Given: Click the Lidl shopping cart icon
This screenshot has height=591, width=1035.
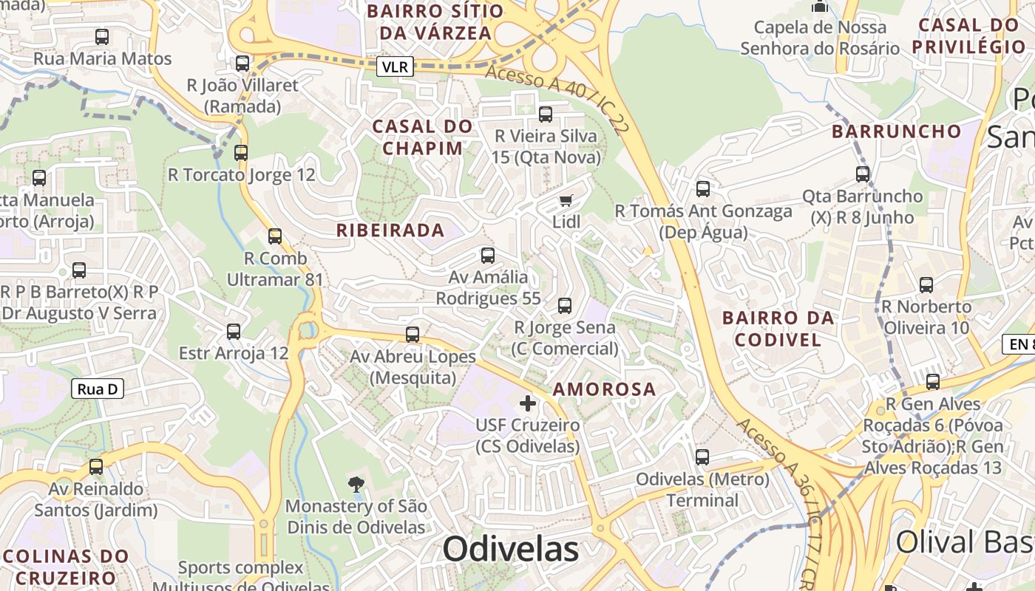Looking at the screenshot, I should [x=566, y=200].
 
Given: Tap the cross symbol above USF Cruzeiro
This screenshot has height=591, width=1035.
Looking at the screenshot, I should [x=528, y=403].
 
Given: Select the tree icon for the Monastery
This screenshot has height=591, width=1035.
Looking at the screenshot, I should [x=356, y=485].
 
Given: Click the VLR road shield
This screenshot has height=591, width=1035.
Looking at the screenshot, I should [x=394, y=67].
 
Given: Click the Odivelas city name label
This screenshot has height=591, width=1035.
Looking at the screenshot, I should [x=511, y=549].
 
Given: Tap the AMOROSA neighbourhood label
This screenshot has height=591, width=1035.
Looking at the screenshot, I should [x=604, y=389].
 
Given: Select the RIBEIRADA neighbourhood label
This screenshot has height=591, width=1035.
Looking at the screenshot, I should [x=390, y=230].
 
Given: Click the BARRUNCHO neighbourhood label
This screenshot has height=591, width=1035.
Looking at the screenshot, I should [x=897, y=132].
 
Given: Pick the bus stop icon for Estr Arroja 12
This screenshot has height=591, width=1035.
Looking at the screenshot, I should [x=234, y=332].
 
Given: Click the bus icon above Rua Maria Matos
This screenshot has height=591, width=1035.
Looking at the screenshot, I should [x=102, y=36].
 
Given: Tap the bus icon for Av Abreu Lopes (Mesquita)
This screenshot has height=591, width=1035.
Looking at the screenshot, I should [x=413, y=335].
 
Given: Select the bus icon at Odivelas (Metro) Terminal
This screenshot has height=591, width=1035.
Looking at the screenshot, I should [x=702, y=457].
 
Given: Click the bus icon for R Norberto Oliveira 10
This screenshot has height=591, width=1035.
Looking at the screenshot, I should [x=926, y=285].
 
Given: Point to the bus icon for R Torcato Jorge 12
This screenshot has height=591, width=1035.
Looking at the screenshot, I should [x=241, y=153].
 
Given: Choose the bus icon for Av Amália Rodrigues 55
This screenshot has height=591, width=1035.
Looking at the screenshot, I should [x=488, y=256].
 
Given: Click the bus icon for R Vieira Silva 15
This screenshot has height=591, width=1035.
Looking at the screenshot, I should [x=546, y=115].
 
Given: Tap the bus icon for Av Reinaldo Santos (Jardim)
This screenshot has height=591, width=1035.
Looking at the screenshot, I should [x=96, y=467].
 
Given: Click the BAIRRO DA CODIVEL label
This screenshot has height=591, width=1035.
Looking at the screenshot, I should [x=778, y=329].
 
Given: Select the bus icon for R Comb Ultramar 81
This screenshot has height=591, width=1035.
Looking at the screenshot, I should [x=275, y=236].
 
